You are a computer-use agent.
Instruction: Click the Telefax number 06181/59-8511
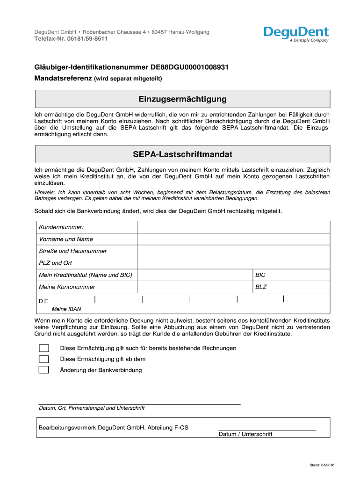point(71,39)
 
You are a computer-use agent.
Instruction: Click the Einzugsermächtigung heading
point(183,99)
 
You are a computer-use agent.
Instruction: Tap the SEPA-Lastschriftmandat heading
point(183,154)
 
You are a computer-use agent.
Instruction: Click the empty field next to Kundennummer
point(233,227)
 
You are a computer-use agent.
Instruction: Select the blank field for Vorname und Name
point(233,239)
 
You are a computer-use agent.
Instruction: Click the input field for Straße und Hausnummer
point(233,251)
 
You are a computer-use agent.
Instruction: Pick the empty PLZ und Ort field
point(233,263)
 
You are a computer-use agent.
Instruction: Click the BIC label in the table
point(260,275)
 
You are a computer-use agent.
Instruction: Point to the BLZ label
point(260,287)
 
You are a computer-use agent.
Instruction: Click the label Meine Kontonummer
point(67,287)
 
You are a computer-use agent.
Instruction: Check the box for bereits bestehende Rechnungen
point(43,348)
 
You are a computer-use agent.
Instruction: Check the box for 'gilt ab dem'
point(43,359)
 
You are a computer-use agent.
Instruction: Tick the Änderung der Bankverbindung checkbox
point(43,370)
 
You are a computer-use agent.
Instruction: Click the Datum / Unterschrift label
point(245,434)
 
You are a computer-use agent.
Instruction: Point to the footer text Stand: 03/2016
point(322,465)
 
